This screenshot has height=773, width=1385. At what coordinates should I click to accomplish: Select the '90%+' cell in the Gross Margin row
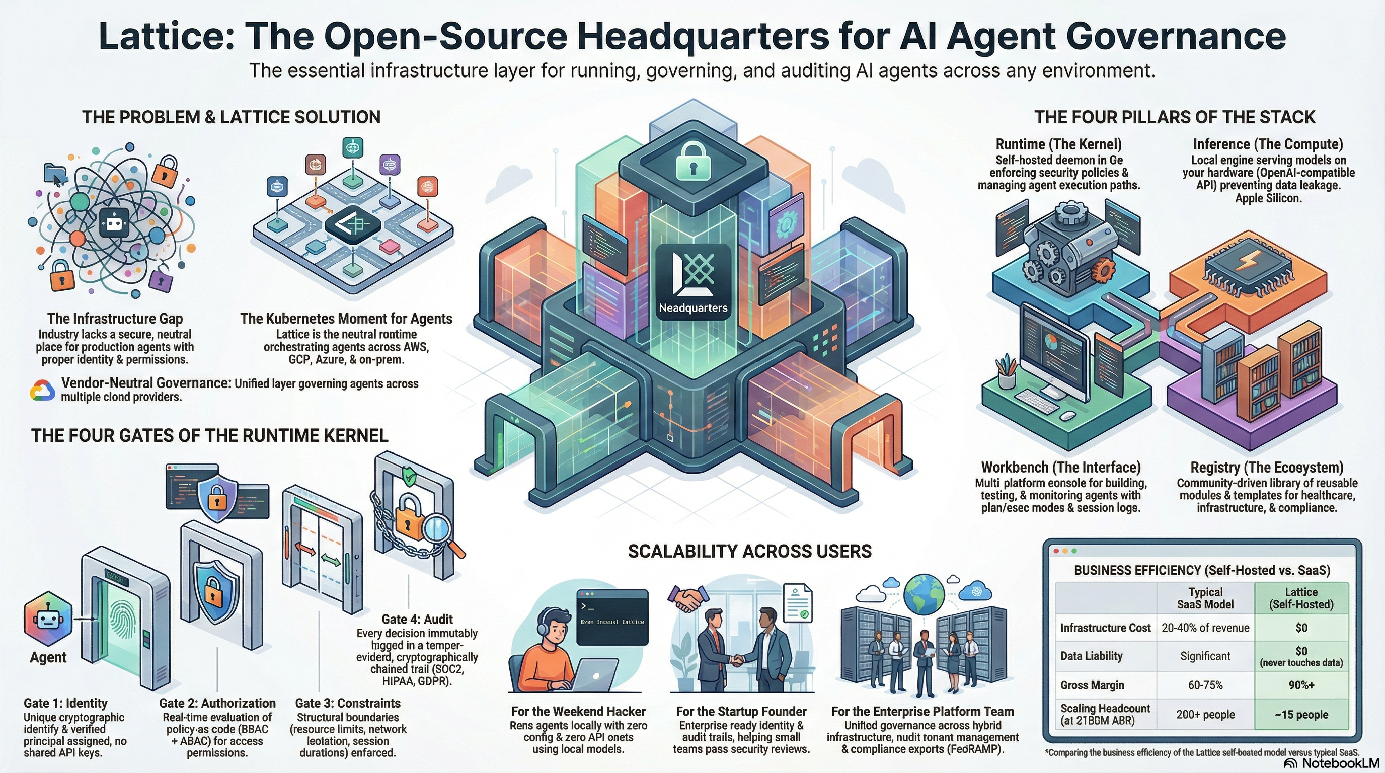point(1301,685)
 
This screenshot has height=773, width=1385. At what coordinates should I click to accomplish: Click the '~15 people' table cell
point(1301,715)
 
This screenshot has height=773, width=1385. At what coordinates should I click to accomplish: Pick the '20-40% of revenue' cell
point(1205,628)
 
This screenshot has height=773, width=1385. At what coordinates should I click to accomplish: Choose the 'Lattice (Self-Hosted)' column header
point(1301,598)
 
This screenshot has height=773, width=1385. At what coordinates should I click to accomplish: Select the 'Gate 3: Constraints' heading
point(348,703)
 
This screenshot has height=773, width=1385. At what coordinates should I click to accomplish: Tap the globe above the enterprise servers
point(924,594)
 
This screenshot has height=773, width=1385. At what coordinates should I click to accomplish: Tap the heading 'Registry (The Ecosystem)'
point(1267,467)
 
